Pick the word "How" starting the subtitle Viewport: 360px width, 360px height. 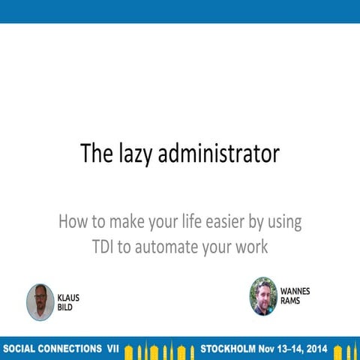pyautogui.click(x=73, y=223)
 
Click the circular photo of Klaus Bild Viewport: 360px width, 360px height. pyautogui.click(x=40, y=301)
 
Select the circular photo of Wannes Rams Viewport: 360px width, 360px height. pyautogui.click(x=263, y=295)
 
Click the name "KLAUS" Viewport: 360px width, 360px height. pyautogui.click(x=68, y=297)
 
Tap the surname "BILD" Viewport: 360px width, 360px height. pyautogui.click(x=65, y=307)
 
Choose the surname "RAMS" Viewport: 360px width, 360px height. pyautogui.click(x=290, y=300)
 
